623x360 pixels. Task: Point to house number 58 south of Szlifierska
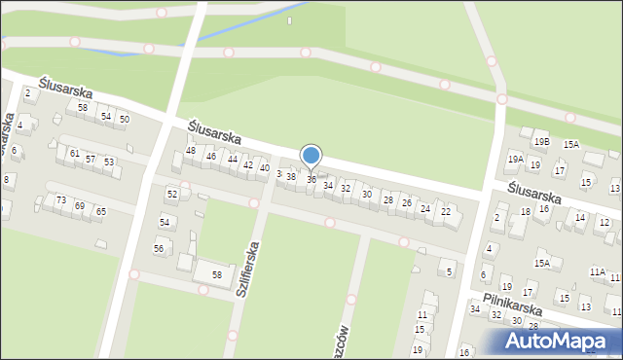coord(217,275)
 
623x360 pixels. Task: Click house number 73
coord(61,199)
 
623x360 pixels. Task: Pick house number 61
coord(74,153)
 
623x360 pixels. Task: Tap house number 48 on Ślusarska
coord(191,150)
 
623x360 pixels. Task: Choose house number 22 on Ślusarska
coord(446,211)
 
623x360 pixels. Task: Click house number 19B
coord(540,141)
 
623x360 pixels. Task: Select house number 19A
coord(515,159)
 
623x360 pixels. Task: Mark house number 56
coord(159,248)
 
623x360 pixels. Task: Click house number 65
coord(100,211)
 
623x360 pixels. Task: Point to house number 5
coord(449,271)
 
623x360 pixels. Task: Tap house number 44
coord(232,159)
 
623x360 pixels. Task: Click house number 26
coord(407,202)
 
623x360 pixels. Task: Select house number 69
coord(80,205)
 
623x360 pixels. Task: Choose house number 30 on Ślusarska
coord(366,194)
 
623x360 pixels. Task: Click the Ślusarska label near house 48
coord(215,137)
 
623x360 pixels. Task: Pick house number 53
coord(109,162)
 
